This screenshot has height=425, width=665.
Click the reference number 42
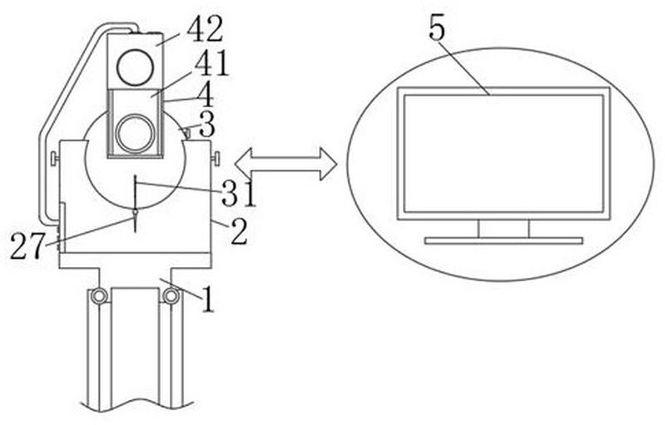205,30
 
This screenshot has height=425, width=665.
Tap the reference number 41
211,63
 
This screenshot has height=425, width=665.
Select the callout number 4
206,96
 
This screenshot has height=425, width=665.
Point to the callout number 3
206,126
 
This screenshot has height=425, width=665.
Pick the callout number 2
239,232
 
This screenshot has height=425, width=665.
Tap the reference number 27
27,247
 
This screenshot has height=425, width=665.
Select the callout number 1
208,299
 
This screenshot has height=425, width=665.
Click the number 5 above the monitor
437,30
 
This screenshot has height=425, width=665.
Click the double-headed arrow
285,164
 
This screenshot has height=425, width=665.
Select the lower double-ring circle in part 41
134,133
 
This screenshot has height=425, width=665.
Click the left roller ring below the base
98,296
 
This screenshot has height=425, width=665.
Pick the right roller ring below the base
171,296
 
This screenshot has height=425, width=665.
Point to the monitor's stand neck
504,229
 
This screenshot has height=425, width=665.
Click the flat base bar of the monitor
504,240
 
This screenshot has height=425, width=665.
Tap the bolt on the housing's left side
55,159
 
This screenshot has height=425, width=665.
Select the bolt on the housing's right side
216,159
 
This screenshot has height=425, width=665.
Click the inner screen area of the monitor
504,153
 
